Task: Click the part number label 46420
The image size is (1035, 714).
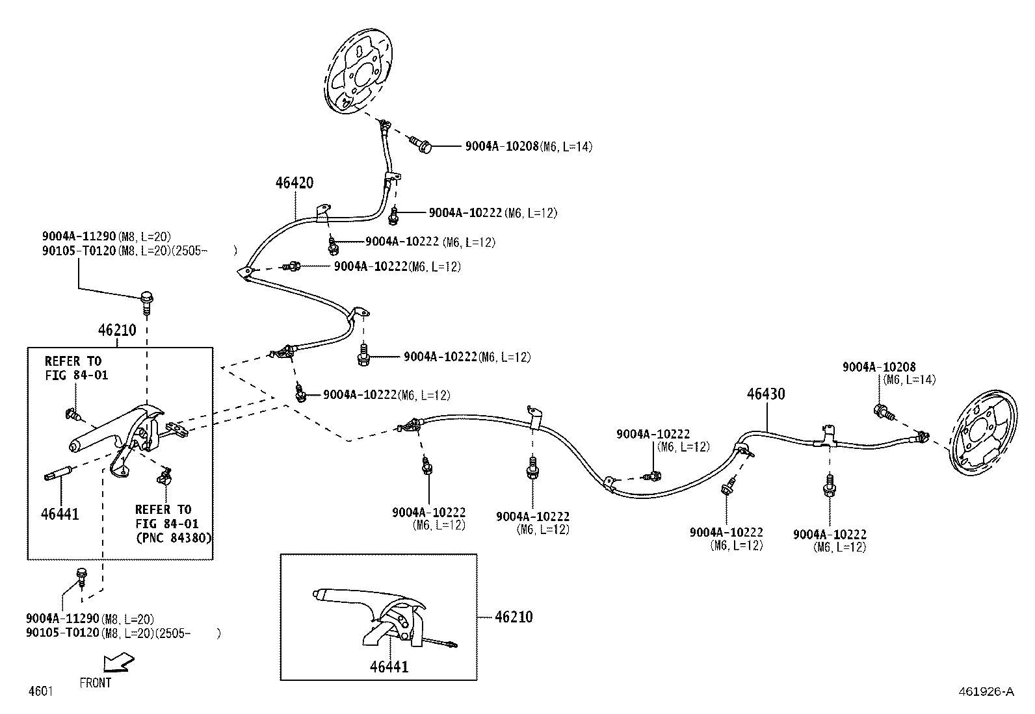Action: click(x=295, y=183)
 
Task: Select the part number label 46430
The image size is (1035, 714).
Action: click(x=766, y=394)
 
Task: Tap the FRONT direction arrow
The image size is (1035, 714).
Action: click(x=118, y=662)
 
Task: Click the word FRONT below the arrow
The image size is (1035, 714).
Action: click(x=95, y=683)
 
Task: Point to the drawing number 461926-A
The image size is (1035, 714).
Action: click(x=986, y=691)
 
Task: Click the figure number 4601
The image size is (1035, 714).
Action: click(x=41, y=691)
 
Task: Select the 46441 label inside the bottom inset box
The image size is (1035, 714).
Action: click(x=389, y=667)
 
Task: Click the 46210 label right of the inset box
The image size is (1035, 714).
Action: click(x=514, y=617)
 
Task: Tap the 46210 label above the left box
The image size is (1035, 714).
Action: click(x=117, y=330)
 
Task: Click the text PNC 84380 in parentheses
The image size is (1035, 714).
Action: click(x=174, y=538)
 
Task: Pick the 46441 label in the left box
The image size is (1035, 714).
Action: click(x=60, y=514)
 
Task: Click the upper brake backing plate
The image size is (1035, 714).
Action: click(x=358, y=71)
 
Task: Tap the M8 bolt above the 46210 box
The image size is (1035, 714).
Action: click(x=146, y=302)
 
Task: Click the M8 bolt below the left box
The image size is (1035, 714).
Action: click(x=81, y=578)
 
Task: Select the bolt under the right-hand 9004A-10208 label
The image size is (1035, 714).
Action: click(x=883, y=412)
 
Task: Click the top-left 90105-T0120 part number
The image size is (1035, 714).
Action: click(x=79, y=251)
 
